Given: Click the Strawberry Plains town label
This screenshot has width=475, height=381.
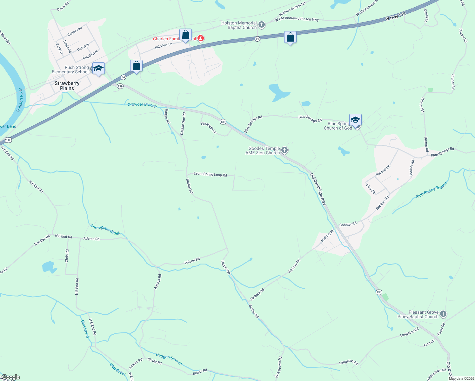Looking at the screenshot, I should tap(67, 86).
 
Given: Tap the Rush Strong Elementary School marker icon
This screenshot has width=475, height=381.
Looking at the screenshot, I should tap(99, 68).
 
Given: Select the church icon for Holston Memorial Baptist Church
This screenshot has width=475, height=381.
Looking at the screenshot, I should tap(262, 25).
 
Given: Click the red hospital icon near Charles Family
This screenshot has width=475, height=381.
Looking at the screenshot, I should tap(200, 39).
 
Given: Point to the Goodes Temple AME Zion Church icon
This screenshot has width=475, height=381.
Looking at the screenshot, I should tap(284, 150).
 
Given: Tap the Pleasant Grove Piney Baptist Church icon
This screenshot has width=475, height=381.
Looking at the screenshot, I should tap(443, 314).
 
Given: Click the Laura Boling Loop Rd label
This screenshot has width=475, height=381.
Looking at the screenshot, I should tap(210, 174).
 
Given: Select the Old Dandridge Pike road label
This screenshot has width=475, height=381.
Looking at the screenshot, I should tap(318, 189).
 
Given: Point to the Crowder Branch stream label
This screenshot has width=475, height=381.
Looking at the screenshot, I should tap(142, 105).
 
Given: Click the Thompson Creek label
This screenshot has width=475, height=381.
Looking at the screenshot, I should tap(105, 230).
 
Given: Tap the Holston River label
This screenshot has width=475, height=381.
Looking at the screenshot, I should tap(20, 100).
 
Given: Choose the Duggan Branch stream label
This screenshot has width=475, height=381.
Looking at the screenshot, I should tap(169, 358).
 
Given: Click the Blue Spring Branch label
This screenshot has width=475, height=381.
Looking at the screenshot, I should tap(431, 190).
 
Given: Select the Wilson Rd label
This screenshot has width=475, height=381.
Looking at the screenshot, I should tap(192, 261).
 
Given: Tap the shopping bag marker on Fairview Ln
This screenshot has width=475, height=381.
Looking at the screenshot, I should tap(185, 35).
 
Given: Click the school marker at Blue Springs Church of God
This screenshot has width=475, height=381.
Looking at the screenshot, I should tap(355, 120).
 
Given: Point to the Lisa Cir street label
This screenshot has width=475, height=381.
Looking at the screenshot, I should tap(371, 189).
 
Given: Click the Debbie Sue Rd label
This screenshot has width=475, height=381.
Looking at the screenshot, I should tap(183, 124).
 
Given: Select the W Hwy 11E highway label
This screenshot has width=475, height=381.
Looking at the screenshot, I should tap(396, 17).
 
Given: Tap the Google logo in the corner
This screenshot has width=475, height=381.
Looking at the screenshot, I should tap(10, 377).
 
